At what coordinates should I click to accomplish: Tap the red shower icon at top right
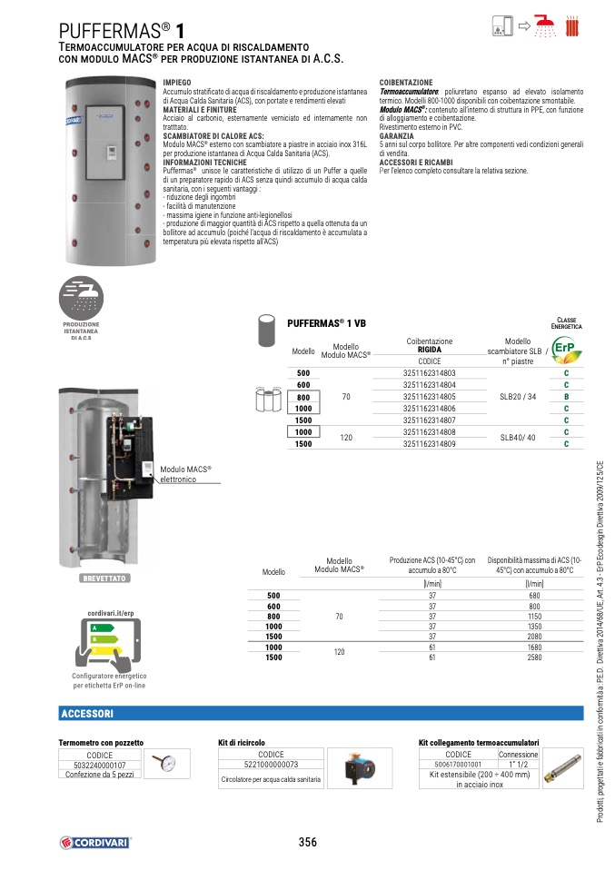pyautogui.click(x=545, y=25)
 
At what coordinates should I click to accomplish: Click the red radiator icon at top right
pyautogui.click(x=572, y=25)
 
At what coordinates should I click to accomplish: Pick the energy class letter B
pyautogui.click(x=566, y=397)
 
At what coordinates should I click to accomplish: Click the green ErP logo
pyautogui.click(x=565, y=350)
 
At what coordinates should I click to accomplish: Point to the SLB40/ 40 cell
pyautogui.click(x=518, y=438)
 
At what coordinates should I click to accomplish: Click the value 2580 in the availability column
pyautogui.click(x=535, y=656)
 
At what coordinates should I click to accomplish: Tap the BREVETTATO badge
pyautogui.click(x=105, y=578)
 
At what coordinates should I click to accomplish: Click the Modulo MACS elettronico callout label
pyautogui.click(x=185, y=474)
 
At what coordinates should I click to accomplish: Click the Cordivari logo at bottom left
pyautogui.click(x=95, y=843)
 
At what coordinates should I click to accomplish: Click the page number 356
pyautogui.click(x=308, y=843)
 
